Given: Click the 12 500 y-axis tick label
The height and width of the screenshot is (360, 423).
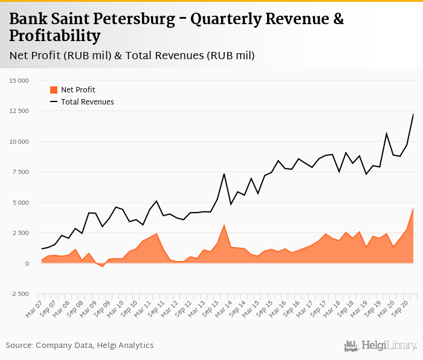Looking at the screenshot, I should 19,111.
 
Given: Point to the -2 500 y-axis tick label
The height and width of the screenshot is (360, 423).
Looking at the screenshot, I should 19,294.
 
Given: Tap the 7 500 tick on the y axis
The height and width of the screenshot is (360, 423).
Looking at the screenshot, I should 21,172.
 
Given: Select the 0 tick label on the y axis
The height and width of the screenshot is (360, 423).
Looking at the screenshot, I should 27,264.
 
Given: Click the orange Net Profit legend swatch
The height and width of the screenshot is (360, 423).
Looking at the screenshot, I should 53,90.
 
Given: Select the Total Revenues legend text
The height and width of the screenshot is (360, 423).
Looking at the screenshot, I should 88,102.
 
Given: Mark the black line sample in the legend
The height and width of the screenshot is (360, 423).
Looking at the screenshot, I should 53,102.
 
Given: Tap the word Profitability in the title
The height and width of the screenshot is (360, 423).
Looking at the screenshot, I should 54,36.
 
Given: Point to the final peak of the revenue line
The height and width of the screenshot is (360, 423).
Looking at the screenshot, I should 413,114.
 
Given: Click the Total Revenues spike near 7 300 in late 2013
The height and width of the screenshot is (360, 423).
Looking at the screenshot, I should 224,174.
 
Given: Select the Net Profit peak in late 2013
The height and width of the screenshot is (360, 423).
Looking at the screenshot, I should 224,225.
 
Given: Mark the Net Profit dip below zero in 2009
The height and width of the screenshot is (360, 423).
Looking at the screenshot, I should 102,266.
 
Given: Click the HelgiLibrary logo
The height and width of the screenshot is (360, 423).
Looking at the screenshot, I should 381,346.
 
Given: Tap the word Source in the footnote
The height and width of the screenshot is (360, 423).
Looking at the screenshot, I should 19,346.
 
